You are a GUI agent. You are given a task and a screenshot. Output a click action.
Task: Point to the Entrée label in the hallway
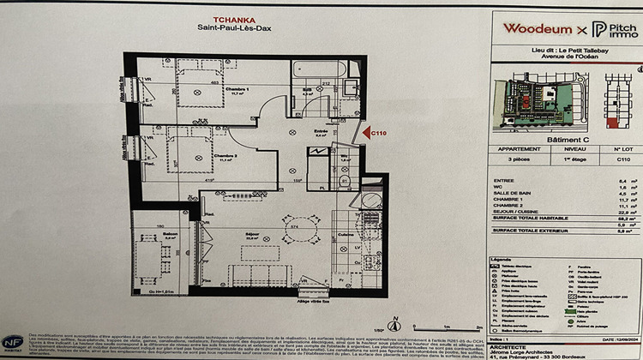coord(321,130)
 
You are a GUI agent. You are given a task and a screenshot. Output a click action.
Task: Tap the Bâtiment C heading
coord(567,136)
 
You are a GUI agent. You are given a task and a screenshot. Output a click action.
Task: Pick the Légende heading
coord(501,257)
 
